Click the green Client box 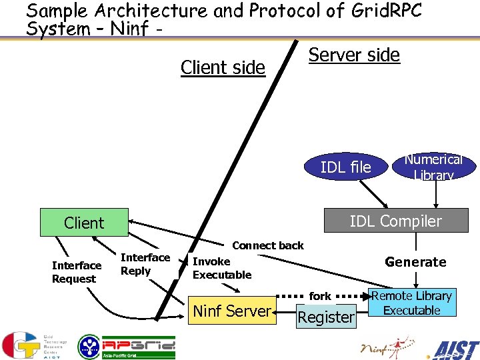tap(84, 223)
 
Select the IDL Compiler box tap(395, 221)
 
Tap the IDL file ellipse tap(345, 167)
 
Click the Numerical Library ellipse tap(433, 167)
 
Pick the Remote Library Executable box tap(411, 303)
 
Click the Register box tap(326, 317)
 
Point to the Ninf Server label tap(231, 310)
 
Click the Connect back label tap(267, 245)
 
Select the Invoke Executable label tap(221, 268)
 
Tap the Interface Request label tap(77, 272)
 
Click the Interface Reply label tap(145, 264)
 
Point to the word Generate tap(415, 262)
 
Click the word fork tap(320, 295)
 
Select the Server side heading tap(354, 55)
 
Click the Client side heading tap(223, 67)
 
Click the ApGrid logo tap(127, 347)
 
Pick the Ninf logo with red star tap(386, 346)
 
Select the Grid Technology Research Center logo tap(30, 345)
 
